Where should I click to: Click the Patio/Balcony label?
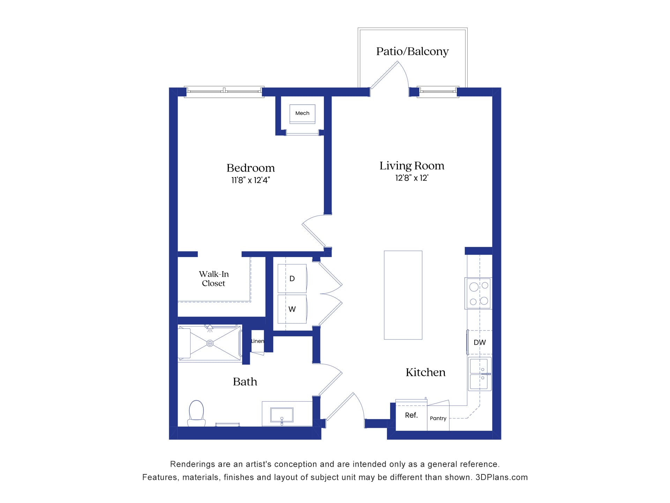(x=412, y=51)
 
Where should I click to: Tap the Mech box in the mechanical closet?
(x=302, y=113)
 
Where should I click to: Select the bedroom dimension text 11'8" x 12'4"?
(x=251, y=180)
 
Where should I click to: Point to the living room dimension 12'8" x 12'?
(x=411, y=178)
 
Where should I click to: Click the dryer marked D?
(x=292, y=278)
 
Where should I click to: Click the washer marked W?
(x=292, y=309)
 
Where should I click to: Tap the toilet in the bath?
(x=196, y=412)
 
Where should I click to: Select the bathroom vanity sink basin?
(x=282, y=415)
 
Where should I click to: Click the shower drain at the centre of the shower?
(x=210, y=343)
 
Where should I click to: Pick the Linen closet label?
(x=258, y=341)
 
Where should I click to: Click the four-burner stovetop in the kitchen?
(x=478, y=293)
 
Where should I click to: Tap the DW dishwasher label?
(x=479, y=342)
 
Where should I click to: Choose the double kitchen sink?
(x=479, y=374)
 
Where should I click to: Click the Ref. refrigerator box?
(x=411, y=415)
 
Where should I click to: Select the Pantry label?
(x=438, y=418)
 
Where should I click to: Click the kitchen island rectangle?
(x=403, y=295)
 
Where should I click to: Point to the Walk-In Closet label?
(x=214, y=279)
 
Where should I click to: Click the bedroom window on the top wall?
(x=224, y=92)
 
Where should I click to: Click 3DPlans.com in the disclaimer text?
(x=501, y=477)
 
